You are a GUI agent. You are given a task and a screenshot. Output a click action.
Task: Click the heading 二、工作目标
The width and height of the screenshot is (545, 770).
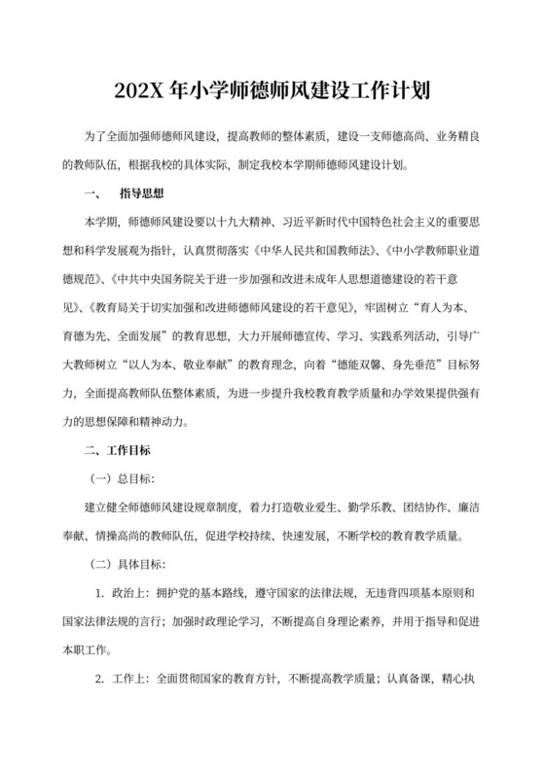point(117,450)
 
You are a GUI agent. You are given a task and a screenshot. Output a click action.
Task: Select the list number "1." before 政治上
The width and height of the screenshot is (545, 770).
point(99,592)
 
